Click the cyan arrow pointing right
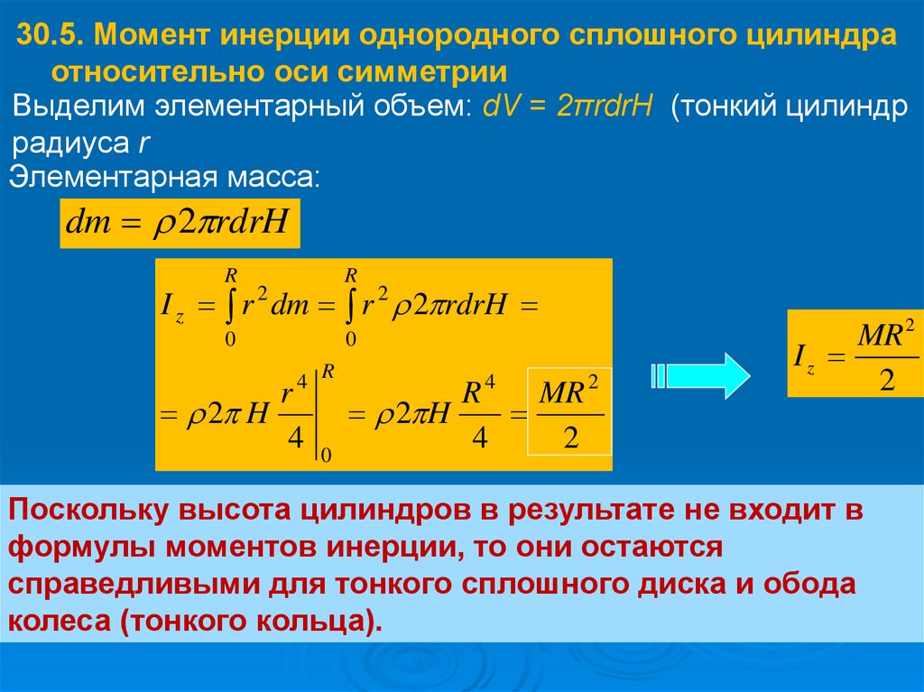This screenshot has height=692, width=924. (x=701, y=375)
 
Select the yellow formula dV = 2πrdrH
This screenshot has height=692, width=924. (x=568, y=106)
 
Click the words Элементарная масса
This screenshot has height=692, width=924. (x=164, y=177)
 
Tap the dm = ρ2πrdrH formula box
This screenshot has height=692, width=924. (x=180, y=224)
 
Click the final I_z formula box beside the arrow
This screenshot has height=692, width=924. (x=855, y=353)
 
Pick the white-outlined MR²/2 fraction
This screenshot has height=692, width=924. (x=569, y=411)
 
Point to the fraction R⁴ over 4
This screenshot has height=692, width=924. (x=479, y=412)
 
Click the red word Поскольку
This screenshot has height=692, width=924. (x=88, y=511)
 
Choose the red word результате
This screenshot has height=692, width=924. (x=591, y=511)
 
